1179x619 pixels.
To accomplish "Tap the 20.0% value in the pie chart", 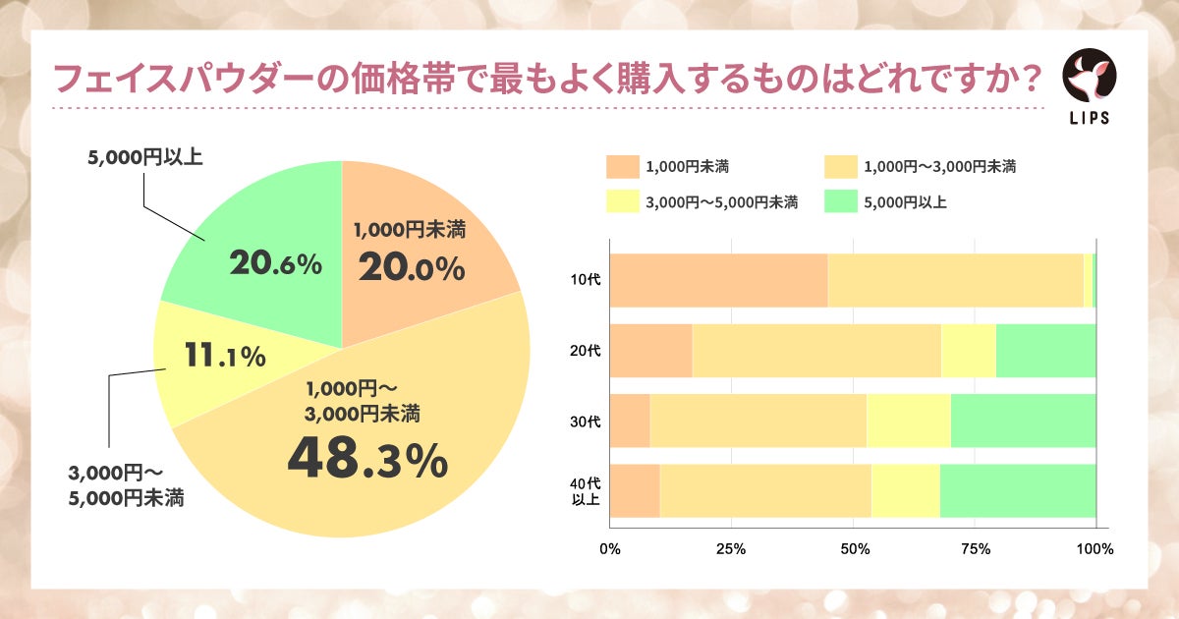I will pyautogui.click(x=411, y=268).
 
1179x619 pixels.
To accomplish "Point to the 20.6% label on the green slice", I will pyautogui.click(x=275, y=263).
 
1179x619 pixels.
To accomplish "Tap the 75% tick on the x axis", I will pyautogui.click(x=974, y=549).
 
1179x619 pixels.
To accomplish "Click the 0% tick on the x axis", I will pyautogui.click(x=609, y=549).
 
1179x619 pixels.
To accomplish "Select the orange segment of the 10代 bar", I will pyautogui.click(x=718, y=280).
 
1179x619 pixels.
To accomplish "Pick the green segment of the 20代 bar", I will pyautogui.click(x=1045, y=351).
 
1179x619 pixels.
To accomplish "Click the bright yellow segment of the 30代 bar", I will pyautogui.click(x=908, y=421).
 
